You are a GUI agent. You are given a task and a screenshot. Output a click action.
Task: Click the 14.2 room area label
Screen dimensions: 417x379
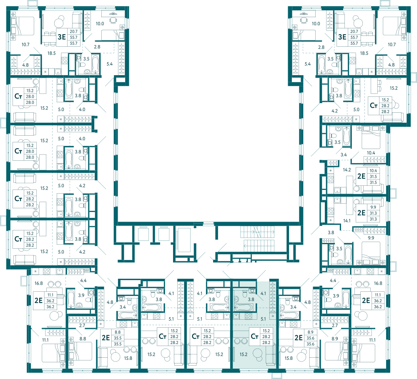347,170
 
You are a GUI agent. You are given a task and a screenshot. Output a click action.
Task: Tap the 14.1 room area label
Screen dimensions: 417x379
347,221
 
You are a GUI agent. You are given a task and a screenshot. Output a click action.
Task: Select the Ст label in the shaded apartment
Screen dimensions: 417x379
254,336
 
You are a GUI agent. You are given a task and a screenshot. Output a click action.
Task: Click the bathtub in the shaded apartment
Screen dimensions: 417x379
243,307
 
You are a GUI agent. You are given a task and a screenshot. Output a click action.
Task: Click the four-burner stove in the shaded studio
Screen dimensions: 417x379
248,316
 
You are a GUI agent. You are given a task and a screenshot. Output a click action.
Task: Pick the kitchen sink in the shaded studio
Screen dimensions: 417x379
236,316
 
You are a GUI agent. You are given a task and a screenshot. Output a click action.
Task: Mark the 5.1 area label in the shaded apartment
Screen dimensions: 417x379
263,319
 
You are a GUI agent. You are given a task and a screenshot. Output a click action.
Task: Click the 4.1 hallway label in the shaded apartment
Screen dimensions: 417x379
263,293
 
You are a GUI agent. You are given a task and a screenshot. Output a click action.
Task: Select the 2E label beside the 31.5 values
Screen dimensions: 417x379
362,176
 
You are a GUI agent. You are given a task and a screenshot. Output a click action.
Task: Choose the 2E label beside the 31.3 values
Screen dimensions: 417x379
362,213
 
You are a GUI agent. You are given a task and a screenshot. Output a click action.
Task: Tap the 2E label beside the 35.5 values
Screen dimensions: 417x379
106,338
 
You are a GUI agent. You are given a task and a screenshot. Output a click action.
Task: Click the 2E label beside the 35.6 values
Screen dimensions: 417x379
299,338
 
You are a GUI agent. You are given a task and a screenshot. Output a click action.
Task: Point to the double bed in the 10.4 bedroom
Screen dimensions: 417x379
370,138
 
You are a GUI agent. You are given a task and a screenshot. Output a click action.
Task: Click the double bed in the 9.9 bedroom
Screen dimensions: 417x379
370,253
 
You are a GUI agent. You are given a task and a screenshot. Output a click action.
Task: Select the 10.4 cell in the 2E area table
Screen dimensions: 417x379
373,171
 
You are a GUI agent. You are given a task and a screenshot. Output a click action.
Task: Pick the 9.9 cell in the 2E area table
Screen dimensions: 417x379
373,207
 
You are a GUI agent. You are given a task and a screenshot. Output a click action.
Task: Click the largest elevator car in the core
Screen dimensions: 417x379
184,240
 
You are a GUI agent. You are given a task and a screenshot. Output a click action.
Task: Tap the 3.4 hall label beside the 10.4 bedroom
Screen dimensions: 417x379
344,154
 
